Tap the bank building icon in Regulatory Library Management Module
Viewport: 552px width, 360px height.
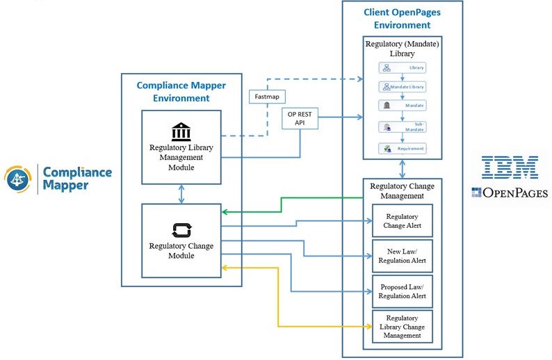[x=181, y=132]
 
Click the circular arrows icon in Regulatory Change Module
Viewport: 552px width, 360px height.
[x=181, y=230]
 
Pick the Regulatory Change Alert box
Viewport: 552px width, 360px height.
[x=401, y=221]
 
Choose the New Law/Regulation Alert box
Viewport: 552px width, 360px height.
[x=401, y=256]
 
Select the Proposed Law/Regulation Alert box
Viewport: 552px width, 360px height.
[x=401, y=292]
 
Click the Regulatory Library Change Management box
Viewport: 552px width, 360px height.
[x=401, y=327]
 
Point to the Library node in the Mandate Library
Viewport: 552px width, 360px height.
[x=402, y=68]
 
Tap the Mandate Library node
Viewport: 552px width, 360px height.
[x=402, y=87]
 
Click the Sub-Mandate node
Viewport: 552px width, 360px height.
[x=402, y=127]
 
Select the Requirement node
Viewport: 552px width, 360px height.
[x=402, y=149]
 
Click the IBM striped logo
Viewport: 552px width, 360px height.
[x=510, y=167]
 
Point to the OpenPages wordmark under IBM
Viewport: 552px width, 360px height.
[x=510, y=193]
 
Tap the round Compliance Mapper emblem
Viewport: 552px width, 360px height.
[x=18, y=179]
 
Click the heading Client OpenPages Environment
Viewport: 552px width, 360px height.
[x=402, y=19]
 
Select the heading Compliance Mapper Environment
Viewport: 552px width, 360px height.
[x=181, y=92]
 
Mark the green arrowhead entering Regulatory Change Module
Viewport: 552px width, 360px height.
[x=225, y=212]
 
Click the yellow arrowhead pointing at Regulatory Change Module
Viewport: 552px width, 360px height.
[x=225, y=267]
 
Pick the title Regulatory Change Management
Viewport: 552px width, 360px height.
[x=402, y=191]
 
